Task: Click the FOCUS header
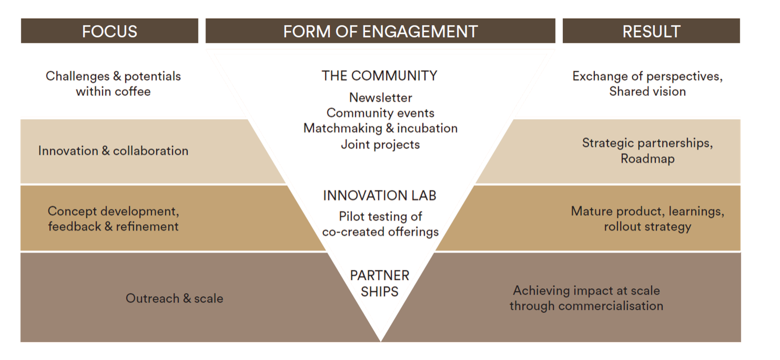coord(110,31)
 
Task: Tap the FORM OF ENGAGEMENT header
coord(380,31)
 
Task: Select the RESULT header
coord(651,31)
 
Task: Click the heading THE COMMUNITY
coord(380,76)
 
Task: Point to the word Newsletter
coord(380,98)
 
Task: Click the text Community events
coord(380,113)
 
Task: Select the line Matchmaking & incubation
coord(380,128)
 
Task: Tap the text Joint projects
coord(380,144)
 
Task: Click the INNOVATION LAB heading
coord(380,195)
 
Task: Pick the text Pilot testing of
coord(380,216)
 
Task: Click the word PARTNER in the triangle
coord(380,275)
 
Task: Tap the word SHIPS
coord(380,291)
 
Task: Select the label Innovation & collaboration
coord(113,151)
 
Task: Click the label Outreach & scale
coord(174,298)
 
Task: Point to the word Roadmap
coord(647,159)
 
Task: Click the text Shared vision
coord(647,91)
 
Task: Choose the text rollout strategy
coord(647,226)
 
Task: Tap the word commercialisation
coord(611,306)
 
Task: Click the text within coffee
coord(113,91)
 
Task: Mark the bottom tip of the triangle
coord(380,341)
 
